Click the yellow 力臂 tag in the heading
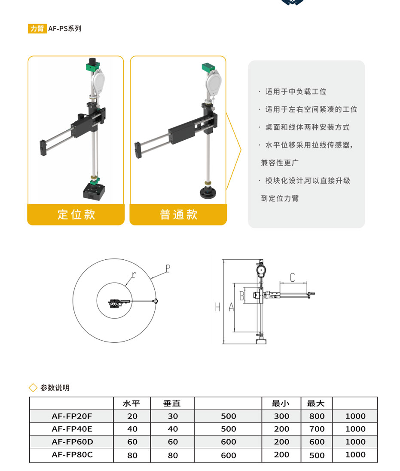37,29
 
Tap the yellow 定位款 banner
76,214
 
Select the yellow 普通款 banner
178,214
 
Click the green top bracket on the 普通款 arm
209,68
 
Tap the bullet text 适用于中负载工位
296,92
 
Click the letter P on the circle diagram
168,269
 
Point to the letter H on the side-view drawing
218,307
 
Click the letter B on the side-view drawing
242,296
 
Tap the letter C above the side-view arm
292,277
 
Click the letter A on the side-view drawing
231,307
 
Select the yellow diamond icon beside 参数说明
33,388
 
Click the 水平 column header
131,403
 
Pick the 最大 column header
316,403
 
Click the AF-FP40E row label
72,429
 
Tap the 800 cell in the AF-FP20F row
317,416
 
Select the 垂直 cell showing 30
173,416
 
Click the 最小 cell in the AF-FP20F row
281,416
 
